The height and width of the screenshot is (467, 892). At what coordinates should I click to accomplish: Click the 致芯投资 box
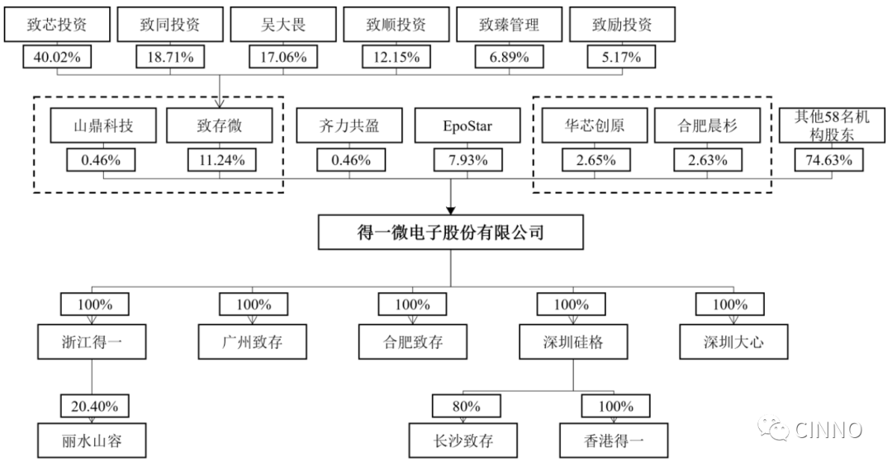tap(57, 25)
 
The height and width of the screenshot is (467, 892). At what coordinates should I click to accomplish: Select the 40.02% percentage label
tap(57, 58)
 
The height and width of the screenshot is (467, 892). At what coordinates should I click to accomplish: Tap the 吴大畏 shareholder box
tap(282, 25)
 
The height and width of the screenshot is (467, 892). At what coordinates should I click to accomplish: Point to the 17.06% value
tap(283, 58)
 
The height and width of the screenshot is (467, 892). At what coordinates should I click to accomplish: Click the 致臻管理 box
tap(509, 25)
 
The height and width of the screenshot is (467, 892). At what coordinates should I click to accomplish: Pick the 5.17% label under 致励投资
tap(622, 58)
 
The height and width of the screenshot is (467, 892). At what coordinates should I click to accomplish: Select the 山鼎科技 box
tap(103, 125)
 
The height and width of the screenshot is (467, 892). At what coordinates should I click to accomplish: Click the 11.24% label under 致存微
tap(222, 160)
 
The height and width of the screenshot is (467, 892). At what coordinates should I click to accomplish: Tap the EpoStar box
tap(467, 125)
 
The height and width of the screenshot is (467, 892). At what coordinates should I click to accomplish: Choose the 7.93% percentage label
tap(468, 160)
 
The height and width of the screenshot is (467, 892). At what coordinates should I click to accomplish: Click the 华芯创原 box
tap(595, 125)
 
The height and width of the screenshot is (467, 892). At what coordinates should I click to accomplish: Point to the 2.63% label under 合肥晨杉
tap(708, 160)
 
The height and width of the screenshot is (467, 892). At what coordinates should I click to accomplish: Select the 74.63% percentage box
tap(829, 160)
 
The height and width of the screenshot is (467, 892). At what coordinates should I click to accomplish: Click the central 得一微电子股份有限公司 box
tap(451, 232)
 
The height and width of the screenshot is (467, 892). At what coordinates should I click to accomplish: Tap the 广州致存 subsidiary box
tap(253, 342)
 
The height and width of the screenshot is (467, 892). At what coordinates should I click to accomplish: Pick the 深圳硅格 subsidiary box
tap(573, 342)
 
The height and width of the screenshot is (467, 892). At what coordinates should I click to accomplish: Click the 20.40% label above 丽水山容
tap(94, 406)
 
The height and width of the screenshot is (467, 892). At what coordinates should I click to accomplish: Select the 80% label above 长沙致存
tap(467, 406)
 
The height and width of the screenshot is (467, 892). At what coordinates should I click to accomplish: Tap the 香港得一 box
tap(614, 441)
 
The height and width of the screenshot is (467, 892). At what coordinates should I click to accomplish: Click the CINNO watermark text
tap(828, 430)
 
